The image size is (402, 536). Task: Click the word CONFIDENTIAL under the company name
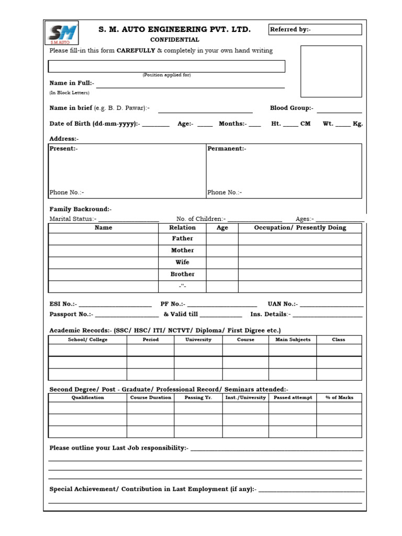175,40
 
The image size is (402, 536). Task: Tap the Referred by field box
315,30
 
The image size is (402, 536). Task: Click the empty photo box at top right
331,71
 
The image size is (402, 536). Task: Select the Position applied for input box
166,66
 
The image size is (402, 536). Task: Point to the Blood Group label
292,108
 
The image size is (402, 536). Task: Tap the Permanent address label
227,149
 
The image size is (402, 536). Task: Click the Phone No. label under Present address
66,192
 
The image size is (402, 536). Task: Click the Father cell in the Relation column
182,239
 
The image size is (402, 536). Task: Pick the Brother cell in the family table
182,274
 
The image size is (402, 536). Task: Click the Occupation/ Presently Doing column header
300,228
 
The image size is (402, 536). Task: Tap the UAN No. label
283,304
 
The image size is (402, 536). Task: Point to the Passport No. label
71,314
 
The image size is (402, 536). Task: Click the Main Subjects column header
293,340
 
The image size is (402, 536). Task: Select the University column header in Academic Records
198,340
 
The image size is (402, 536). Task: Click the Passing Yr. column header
198,397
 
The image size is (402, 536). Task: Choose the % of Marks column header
339,397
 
